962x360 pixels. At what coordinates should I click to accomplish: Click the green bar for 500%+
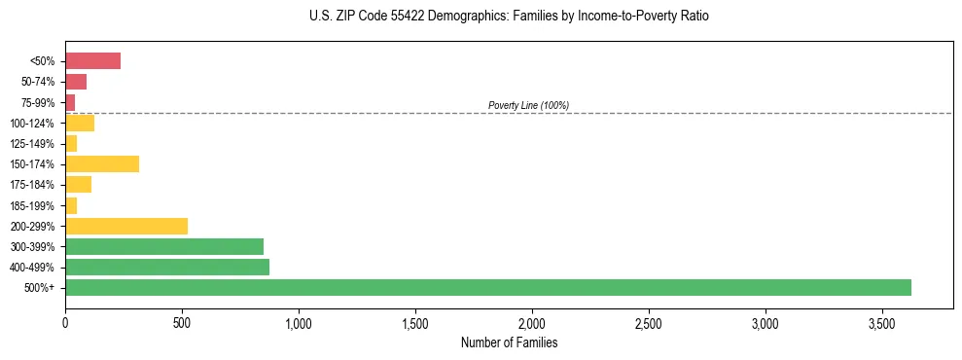tap(487, 287)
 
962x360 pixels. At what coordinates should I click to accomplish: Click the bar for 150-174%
tap(102, 163)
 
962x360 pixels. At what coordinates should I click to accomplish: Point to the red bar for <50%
tap(92, 61)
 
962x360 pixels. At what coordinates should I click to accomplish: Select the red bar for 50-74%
tap(76, 82)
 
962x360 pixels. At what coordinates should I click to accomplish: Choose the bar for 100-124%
tap(80, 123)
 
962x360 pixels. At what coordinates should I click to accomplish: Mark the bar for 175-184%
tap(78, 184)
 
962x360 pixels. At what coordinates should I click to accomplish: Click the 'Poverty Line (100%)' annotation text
tap(528, 105)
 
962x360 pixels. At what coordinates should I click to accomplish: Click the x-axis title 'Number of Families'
tap(509, 342)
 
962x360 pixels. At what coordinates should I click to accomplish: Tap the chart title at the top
tap(509, 17)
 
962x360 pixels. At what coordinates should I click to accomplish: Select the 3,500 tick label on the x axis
tap(882, 322)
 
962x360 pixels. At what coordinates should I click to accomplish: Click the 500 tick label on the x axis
tap(182, 322)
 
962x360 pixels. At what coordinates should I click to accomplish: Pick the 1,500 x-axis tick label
tap(415, 322)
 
